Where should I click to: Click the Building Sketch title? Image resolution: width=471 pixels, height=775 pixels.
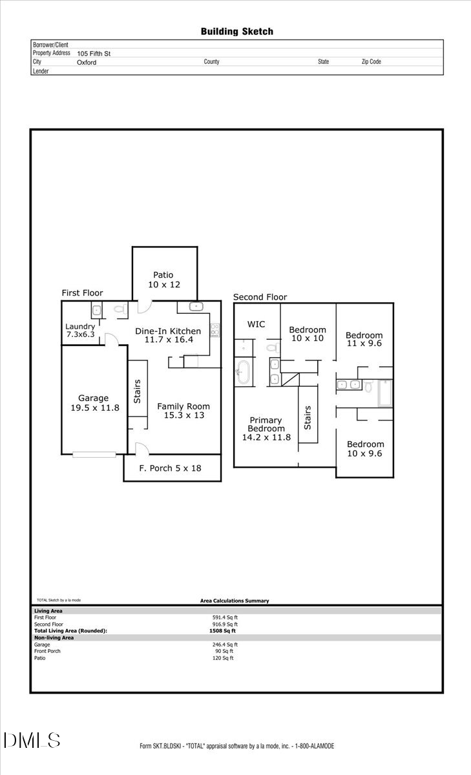click(x=236, y=31)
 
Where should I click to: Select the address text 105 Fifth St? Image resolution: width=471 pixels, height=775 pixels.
click(x=94, y=54)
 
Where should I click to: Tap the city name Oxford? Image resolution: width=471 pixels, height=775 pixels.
click(x=87, y=63)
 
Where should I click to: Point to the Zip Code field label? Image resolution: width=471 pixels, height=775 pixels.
click(x=371, y=62)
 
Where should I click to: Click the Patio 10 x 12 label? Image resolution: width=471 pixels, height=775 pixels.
click(x=163, y=280)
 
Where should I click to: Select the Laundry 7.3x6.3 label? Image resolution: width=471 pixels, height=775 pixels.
click(x=80, y=331)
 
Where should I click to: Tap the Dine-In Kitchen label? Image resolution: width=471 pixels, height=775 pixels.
click(x=168, y=335)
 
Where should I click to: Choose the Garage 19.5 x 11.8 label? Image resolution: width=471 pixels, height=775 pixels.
click(x=94, y=403)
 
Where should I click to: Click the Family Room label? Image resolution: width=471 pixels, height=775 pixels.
click(x=183, y=411)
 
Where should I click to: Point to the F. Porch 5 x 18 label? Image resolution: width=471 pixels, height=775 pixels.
click(x=171, y=468)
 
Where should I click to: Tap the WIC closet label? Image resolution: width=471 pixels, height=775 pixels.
click(x=256, y=324)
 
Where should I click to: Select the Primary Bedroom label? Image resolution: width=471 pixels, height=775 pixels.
click(x=266, y=429)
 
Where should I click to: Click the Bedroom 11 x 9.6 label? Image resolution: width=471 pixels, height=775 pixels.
click(x=364, y=340)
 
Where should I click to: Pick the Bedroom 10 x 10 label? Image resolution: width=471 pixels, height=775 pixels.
click(x=307, y=334)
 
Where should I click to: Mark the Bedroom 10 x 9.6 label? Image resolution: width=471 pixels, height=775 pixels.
click(x=365, y=449)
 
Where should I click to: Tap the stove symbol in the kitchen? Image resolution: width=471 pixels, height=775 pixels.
click(x=215, y=329)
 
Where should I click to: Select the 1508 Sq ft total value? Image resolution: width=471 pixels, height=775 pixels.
click(x=223, y=631)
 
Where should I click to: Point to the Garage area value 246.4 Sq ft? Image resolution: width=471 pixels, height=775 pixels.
click(x=225, y=645)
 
